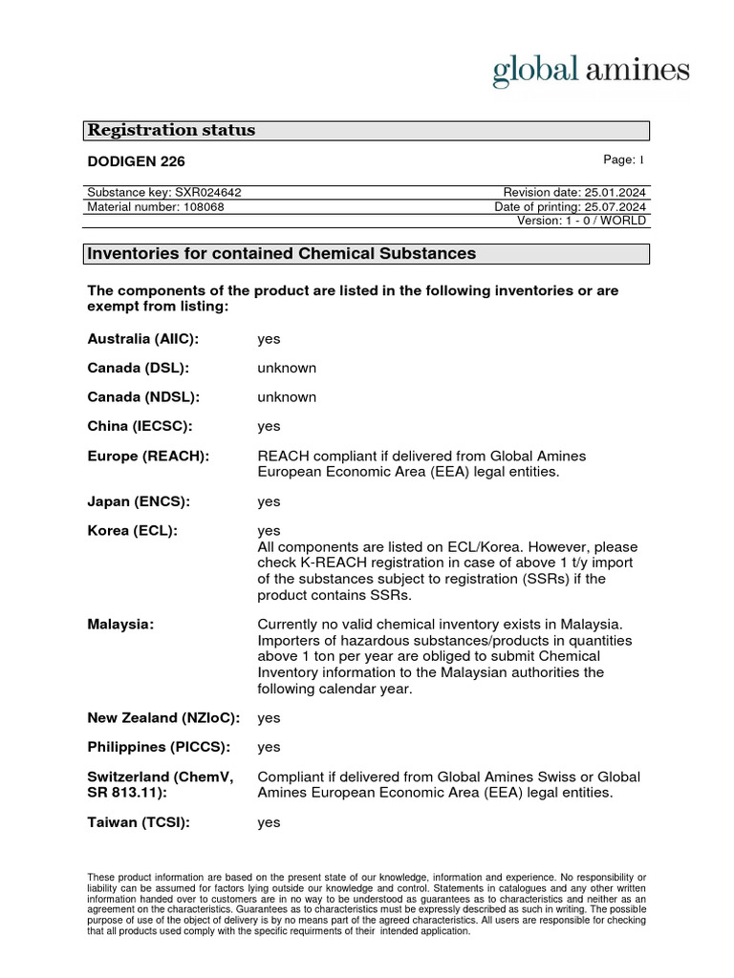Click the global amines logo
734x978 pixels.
click(590, 71)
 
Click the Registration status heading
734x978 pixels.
click(172, 131)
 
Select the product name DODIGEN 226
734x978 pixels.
click(136, 161)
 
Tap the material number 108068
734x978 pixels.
click(156, 206)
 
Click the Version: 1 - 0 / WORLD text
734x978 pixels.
click(581, 221)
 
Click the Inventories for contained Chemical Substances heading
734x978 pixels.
click(281, 254)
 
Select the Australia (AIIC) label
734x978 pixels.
click(142, 339)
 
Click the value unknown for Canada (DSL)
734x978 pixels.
click(287, 369)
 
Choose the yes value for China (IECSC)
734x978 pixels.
click(269, 426)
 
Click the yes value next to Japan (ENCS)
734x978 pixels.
click(269, 501)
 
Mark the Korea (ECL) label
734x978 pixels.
click(133, 530)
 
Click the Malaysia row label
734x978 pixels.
click(120, 624)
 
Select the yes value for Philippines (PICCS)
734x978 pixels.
click(269, 747)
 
